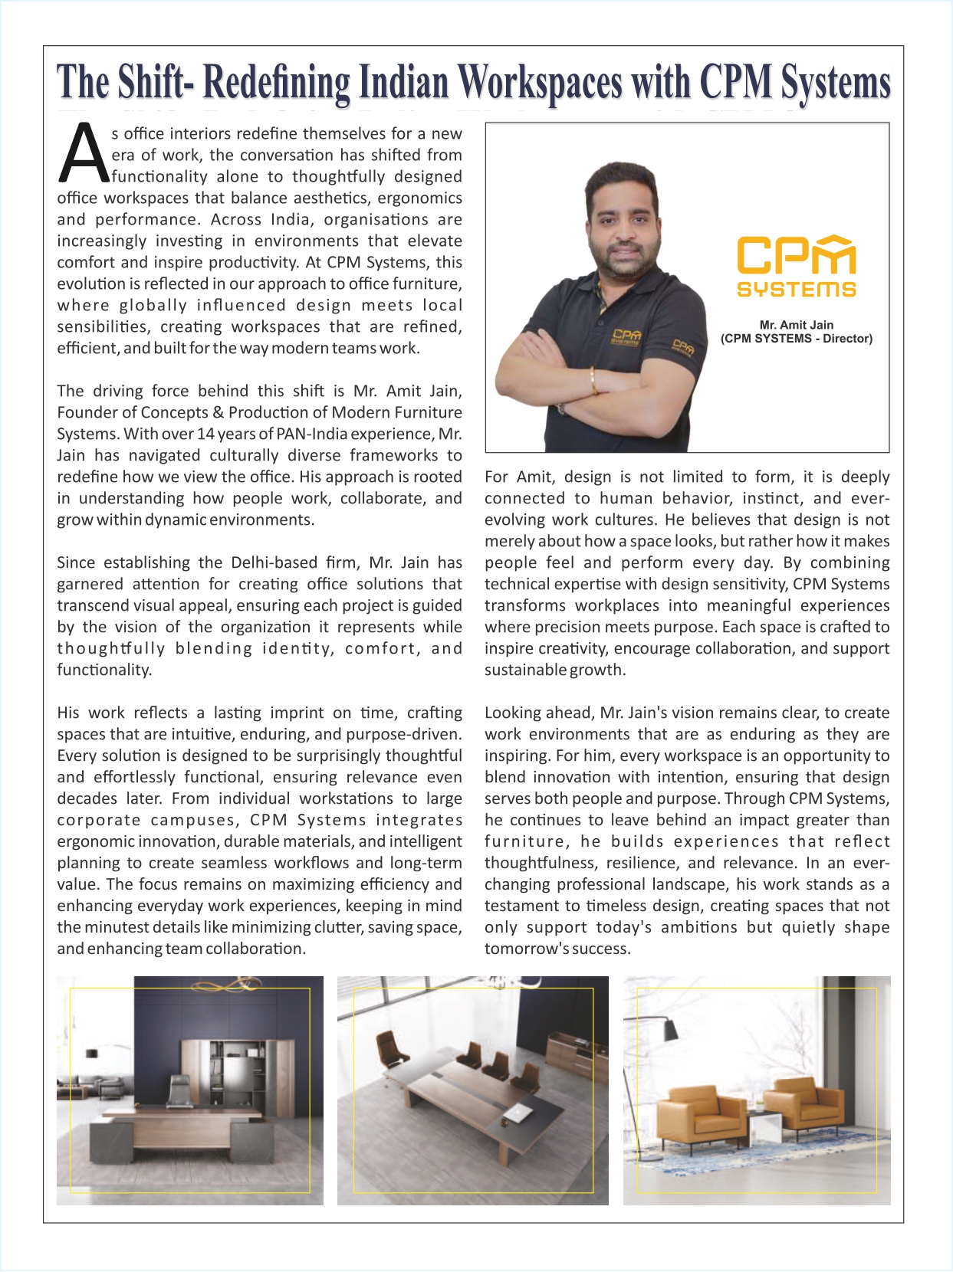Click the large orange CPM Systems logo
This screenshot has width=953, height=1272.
(796, 265)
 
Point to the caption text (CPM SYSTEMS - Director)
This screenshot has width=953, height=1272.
(796, 339)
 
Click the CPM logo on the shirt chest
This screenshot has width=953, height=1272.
(626, 336)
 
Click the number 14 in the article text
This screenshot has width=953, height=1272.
(205, 434)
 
